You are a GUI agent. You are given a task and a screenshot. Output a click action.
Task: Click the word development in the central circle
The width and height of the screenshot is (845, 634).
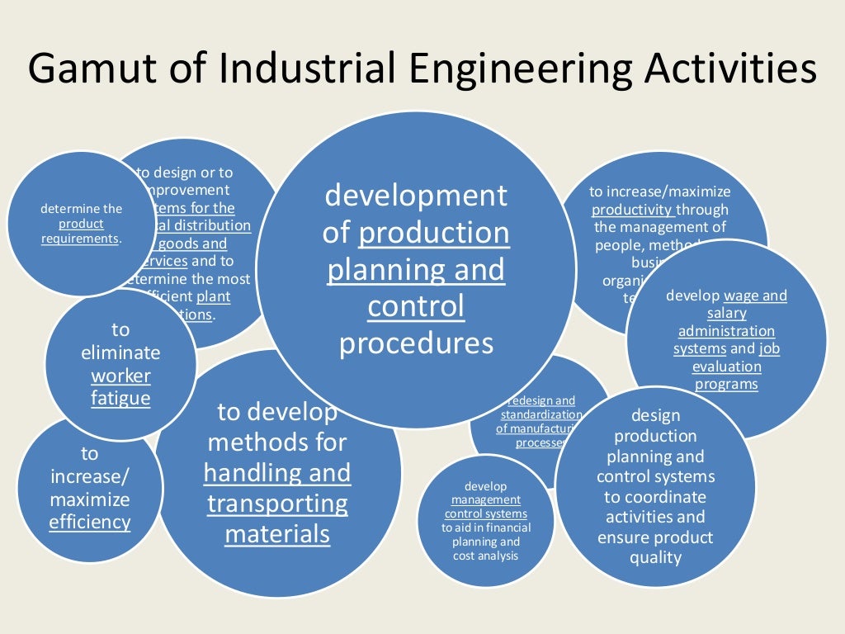(x=416, y=196)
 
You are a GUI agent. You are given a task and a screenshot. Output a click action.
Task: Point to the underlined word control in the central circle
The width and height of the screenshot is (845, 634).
(x=416, y=307)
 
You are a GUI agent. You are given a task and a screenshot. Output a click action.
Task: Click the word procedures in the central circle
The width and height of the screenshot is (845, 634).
(x=416, y=343)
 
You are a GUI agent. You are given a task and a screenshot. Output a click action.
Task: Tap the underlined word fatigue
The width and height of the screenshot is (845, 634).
(x=120, y=399)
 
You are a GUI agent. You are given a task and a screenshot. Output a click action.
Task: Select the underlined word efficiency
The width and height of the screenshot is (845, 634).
(x=89, y=522)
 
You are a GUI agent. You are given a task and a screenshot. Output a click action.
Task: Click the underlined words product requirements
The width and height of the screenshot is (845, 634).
(x=81, y=232)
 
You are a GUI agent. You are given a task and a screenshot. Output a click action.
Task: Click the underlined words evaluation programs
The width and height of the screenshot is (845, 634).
(x=726, y=376)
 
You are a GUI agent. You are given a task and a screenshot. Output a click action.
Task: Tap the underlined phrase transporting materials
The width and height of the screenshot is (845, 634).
(x=277, y=518)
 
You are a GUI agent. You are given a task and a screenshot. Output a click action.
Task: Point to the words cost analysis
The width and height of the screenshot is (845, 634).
(x=486, y=556)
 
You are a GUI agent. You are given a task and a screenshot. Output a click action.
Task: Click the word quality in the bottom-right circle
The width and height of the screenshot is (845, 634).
(x=656, y=557)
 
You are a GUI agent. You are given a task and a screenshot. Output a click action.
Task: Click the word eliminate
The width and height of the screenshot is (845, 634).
(x=120, y=352)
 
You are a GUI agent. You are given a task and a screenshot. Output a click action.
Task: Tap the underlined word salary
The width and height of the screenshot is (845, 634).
(x=726, y=313)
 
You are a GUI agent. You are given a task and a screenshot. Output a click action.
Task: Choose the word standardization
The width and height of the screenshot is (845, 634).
(x=541, y=414)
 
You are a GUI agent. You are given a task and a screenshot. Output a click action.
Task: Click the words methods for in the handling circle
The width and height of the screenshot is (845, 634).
(x=277, y=442)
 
